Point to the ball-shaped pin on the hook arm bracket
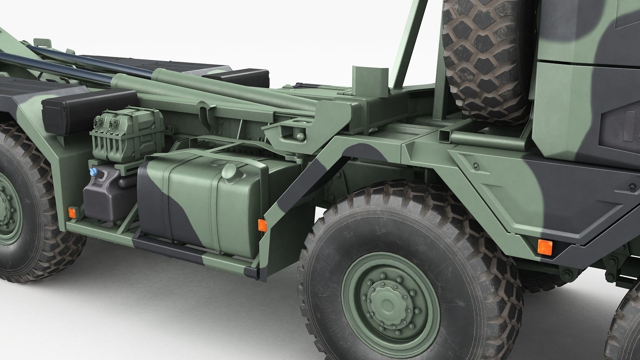(x=300, y=136)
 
